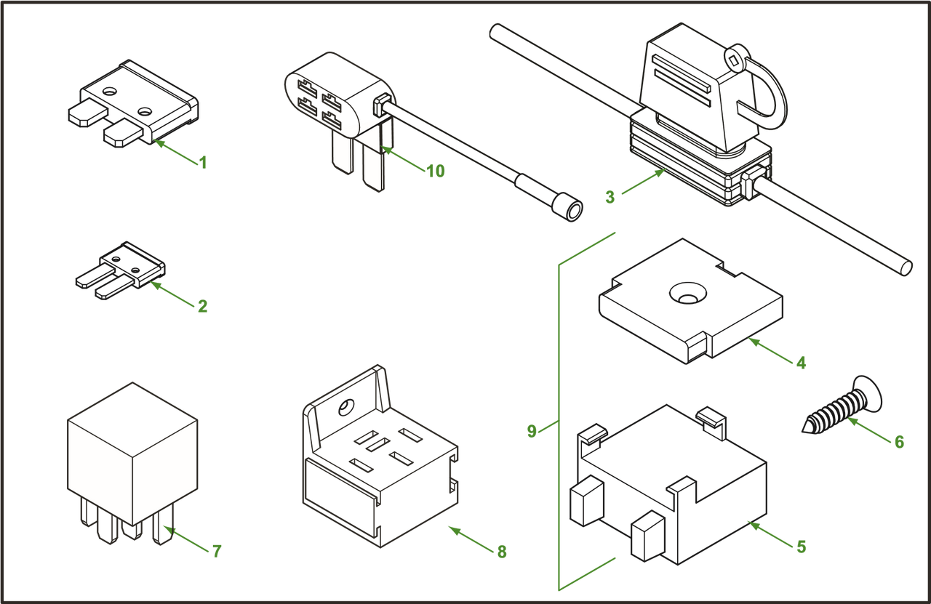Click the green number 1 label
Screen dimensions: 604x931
click(x=203, y=162)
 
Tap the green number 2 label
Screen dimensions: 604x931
click(x=203, y=307)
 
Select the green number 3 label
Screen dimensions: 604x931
click(x=610, y=196)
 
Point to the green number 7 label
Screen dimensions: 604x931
click(x=217, y=551)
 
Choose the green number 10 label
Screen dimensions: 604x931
click(x=436, y=172)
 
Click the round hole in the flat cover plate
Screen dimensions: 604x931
click(x=687, y=293)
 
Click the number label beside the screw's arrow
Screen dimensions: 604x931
click(x=900, y=441)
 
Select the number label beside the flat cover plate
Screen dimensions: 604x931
click(x=802, y=362)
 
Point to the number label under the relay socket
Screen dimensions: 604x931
click(x=501, y=552)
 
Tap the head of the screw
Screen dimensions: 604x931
click(x=871, y=392)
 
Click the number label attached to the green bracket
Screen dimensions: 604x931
click(x=532, y=431)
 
